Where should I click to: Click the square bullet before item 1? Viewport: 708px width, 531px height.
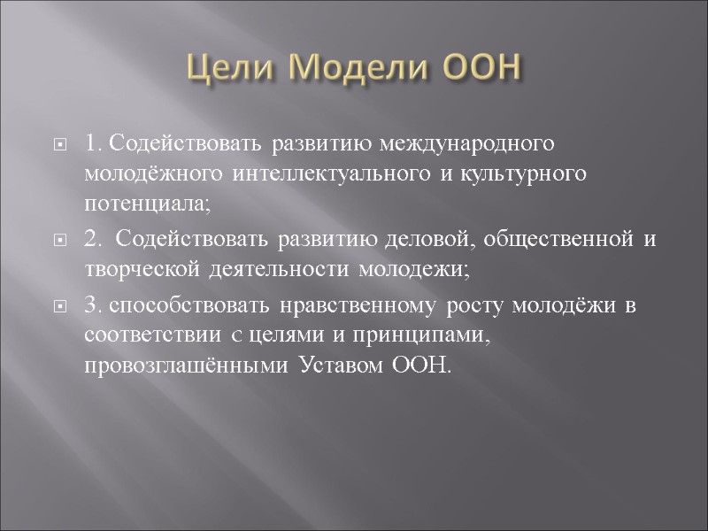coord(60,144)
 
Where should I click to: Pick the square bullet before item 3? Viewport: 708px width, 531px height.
coord(60,306)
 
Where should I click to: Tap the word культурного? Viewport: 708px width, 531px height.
coord(533,173)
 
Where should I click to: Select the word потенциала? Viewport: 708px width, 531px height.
coord(148,204)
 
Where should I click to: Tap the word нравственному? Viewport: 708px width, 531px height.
coord(335,305)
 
